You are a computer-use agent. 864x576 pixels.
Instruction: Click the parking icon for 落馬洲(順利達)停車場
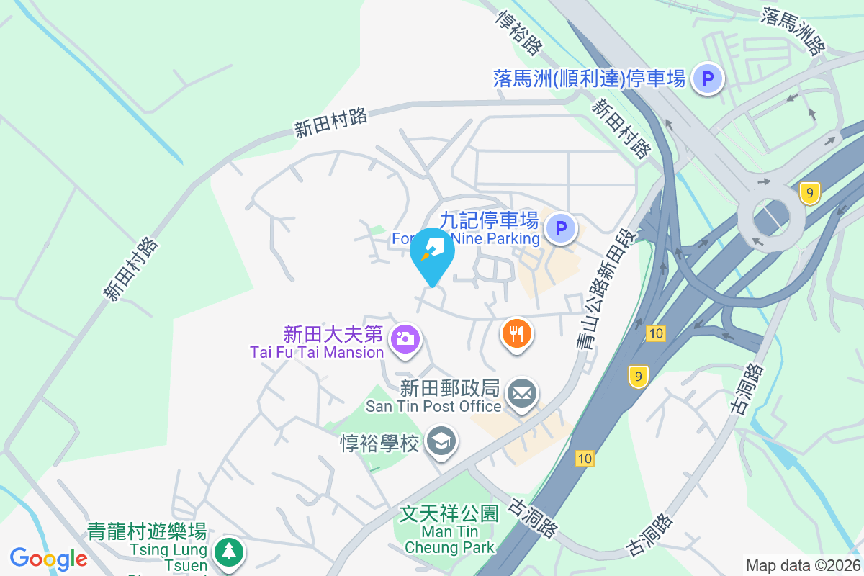pyautogui.click(x=707, y=78)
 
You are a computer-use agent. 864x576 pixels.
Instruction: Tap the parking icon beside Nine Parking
pyautogui.click(x=561, y=230)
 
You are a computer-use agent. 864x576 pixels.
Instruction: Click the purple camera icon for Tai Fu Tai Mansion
pyautogui.click(x=405, y=338)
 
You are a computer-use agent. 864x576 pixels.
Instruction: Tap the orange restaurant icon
pyautogui.click(x=516, y=333)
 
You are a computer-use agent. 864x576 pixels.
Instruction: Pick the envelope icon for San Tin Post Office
pyautogui.click(x=522, y=394)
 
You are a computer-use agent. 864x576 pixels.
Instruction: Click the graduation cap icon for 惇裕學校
pyautogui.click(x=441, y=440)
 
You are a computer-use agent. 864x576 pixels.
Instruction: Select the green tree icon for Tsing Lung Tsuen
pyautogui.click(x=229, y=552)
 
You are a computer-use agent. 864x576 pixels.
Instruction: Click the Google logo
pyautogui.click(x=48, y=558)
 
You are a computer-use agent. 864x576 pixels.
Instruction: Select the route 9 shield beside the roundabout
pyautogui.click(x=810, y=193)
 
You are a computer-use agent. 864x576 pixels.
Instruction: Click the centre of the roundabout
pyautogui.click(x=771, y=215)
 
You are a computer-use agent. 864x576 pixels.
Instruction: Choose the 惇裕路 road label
pyautogui.click(x=518, y=32)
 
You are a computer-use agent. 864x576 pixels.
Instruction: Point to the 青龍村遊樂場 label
pyautogui.click(x=147, y=532)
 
